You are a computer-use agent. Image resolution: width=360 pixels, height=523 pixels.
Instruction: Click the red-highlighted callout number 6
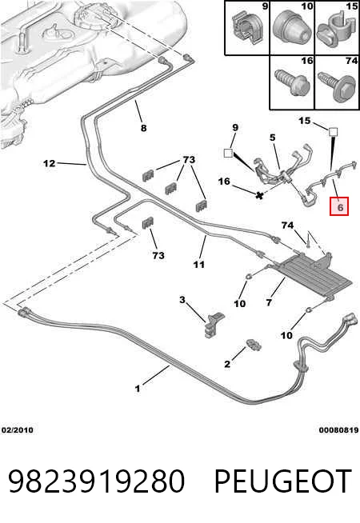click(339, 206)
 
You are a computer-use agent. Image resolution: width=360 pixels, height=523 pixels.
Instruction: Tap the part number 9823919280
click(96, 481)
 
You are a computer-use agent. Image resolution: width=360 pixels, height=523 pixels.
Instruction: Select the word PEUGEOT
click(282, 481)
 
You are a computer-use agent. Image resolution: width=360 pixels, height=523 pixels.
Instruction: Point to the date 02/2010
click(18, 430)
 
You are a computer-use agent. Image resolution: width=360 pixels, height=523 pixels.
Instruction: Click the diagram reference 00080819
click(338, 430)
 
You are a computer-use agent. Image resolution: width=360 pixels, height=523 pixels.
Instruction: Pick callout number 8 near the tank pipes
click(143, 128)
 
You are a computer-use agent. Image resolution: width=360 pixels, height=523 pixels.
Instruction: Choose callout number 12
click(49, 163)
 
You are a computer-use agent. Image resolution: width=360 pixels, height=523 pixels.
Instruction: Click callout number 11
click(199, 265)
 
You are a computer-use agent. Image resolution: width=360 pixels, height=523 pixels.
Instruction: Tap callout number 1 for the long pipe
click(137, 389)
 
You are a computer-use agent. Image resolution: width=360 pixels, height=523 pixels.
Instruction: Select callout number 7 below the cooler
click(270, 302)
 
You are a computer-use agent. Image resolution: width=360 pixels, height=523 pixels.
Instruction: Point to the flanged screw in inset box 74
click(336, 84)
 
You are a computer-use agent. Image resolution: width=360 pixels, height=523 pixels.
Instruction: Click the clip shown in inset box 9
click(247, 28)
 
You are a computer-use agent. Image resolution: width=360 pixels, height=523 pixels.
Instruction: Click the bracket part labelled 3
click(214, 324)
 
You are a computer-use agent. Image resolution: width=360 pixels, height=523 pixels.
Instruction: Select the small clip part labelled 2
click(254, 345)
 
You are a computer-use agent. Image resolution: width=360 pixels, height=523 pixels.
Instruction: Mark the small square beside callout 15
click(332, 132)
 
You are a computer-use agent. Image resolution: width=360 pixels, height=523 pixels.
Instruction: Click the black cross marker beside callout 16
click(259, 195)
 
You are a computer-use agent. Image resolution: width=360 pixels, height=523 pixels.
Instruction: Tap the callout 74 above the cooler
click(287, 226)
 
